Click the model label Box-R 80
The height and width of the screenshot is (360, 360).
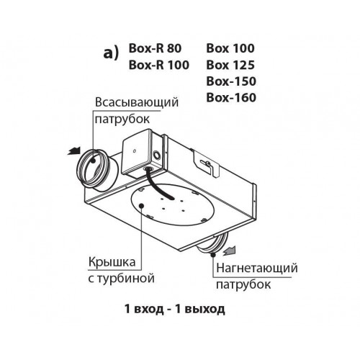[155, 48]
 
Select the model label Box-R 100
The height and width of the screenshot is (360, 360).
[159, 65]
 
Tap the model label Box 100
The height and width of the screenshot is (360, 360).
[230, 48]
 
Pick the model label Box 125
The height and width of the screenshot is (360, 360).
[230, 65]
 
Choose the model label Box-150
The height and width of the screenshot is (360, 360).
[231, 81]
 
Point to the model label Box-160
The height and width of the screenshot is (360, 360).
[231, 97]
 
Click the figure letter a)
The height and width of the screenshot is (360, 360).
[111, 53]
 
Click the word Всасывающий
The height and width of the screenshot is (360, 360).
[137, 103]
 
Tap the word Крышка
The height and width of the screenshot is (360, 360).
[112, 261]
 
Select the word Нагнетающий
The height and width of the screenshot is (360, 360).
[257, 269]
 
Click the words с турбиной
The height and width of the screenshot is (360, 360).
[121, 279]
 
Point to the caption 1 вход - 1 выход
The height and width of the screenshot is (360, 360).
[175, 309]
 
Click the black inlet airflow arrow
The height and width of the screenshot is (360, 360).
[74, 151]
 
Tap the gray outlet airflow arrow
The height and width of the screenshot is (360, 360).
[229, 251]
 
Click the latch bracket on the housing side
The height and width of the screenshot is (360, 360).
[206, 164]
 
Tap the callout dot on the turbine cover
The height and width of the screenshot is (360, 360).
[142, 205]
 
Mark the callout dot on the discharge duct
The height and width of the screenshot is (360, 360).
[213, 255]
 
